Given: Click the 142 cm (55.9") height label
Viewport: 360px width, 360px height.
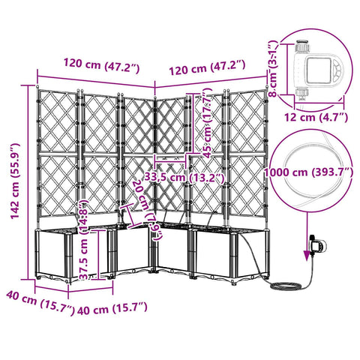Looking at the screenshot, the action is click(15, 181).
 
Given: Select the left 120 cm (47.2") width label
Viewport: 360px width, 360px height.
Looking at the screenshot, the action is click(101, 64).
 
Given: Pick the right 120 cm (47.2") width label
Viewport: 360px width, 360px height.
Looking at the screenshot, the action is click(207, 67).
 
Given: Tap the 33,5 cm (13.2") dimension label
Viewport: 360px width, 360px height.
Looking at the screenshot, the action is click(184, 178).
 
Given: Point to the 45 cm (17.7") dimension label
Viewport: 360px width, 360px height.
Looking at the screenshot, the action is click(208, 123).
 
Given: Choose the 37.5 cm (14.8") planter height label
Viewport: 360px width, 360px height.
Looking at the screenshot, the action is click(83, 239).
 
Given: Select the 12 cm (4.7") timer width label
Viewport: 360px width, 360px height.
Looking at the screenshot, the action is click(316, 117).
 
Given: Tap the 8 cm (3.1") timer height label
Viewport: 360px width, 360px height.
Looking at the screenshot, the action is click(273, 69).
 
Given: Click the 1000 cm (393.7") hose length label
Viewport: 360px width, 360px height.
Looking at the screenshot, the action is click(308, 172).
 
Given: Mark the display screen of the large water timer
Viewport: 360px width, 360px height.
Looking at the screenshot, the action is click(318, 70).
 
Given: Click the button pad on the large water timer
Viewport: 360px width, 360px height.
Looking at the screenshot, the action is click(337, 70).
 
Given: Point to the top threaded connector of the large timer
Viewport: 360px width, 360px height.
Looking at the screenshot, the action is click(302, 45).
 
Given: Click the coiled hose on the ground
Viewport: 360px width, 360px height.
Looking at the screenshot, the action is click(286, 286).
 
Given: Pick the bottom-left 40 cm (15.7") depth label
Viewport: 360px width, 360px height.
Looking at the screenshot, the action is click(40, 303).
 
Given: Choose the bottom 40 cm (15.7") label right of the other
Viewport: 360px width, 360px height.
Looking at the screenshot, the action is click(112, 309).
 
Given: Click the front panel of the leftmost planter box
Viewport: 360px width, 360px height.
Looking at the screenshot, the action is click(52, 253).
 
